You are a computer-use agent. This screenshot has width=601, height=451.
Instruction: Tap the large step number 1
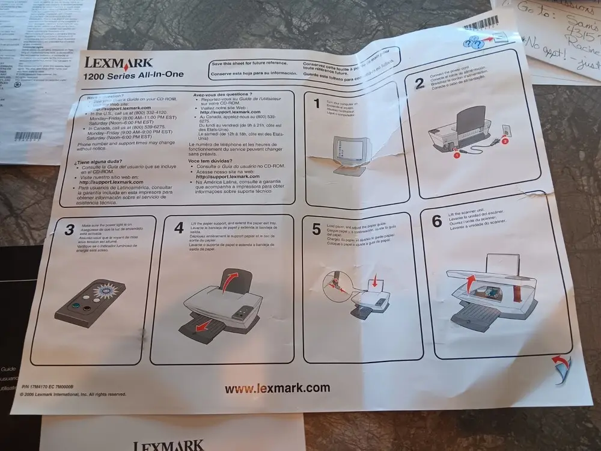coord(317,104)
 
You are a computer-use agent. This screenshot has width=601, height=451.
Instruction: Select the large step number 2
coord(420,84)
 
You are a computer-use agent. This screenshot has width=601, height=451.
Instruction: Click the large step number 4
coord(178,228)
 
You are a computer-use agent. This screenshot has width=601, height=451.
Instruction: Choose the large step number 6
coord(437,221)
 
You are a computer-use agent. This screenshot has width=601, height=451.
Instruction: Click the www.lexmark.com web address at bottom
coord(277,388)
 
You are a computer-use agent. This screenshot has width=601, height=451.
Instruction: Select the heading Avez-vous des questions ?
coord(222,95)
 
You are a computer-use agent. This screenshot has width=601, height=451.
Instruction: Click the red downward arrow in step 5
coord(375,280)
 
